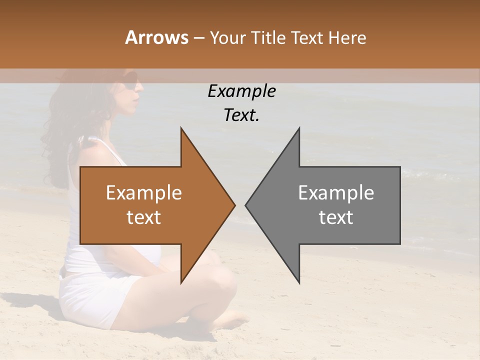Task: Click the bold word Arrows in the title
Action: coord(156,37)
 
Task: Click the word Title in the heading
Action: coord(269,37)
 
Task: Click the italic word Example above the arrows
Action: coord(241,91)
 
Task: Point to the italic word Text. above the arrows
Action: coord(241,115)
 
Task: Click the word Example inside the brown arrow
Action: coord(143,193)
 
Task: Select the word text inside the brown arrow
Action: coord(143,217)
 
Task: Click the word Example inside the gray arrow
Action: coord(336,193)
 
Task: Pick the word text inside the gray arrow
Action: coord(336,217)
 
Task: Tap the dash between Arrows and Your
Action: coord(198,38)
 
